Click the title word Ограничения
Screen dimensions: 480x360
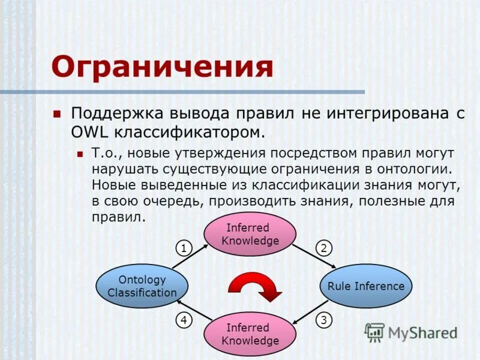162,66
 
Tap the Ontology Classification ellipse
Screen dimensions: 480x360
142,286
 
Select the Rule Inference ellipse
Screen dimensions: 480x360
366,286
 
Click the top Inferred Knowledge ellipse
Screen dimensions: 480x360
250,234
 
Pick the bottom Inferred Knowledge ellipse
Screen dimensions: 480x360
250,334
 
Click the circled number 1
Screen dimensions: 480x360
183,248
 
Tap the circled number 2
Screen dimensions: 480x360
323,248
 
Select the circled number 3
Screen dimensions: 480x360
323,320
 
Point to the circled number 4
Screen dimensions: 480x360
184,320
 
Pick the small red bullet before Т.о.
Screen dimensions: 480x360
80,154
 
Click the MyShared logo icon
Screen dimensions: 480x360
374,332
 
